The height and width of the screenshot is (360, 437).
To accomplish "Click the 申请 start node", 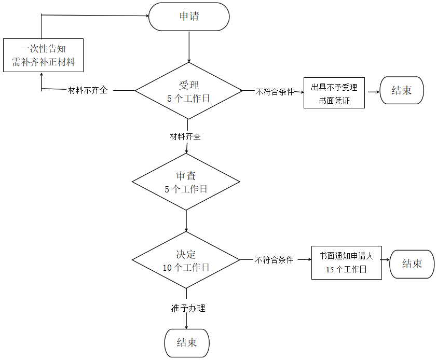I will tap(189, 17).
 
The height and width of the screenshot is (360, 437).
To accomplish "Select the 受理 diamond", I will tap(188, 91).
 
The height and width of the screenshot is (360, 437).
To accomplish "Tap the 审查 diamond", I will tap(186, 182).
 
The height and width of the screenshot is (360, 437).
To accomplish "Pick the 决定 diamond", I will tap(186, 260).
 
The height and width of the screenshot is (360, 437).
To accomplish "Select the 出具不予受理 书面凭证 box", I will tap(334, 93).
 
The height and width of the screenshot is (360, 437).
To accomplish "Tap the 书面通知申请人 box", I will tap(346, 262).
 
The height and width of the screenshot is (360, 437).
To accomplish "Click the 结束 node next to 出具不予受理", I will tap(402, 90).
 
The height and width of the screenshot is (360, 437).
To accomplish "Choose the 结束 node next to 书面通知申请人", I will tap(412, 264).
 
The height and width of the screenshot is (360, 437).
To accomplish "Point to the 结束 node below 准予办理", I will tap(187, 343).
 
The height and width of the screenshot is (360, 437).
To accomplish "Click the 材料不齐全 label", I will tap(88, 90).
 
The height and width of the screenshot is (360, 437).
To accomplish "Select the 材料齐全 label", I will tap(185, 137).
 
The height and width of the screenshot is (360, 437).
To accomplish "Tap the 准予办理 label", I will tap(188, 308).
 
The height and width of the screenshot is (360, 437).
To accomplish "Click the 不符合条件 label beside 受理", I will tap(275, 92).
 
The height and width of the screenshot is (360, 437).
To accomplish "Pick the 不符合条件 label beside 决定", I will tap(274, 260).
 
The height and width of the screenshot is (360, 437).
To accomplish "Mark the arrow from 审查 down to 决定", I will tap(186, 220).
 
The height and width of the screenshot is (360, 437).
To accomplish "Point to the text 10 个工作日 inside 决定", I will tap(186, 268).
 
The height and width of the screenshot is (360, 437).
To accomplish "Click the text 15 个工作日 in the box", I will tap(346, 269).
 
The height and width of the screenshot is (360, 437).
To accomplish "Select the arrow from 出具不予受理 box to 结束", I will tap(372, 92).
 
